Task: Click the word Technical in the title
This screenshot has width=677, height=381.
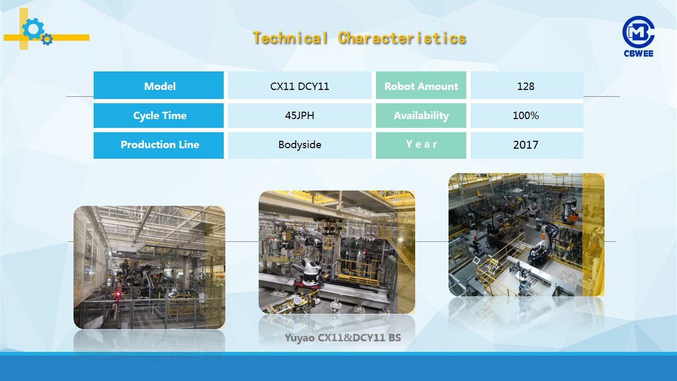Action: [290, 39]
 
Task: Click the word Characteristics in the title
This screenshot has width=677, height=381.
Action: [402, 39]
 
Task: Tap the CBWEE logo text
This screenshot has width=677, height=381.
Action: [638, 53]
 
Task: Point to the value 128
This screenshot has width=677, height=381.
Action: [526, 86]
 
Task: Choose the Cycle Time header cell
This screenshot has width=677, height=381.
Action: [159, 115]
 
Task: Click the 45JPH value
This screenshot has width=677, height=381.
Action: [299, 115]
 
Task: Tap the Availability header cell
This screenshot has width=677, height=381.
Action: [421, 115]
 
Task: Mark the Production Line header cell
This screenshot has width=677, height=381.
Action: [159, 145]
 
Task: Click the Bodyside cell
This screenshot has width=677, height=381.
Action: [299, 145]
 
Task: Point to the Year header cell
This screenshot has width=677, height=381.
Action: [421, 145]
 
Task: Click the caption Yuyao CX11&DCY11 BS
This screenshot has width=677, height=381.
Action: [343, 338]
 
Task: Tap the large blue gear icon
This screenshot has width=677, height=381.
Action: [33, 29]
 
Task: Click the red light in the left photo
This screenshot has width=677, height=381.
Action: [118, 294]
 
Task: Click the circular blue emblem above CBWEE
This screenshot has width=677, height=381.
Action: [638, 32]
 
